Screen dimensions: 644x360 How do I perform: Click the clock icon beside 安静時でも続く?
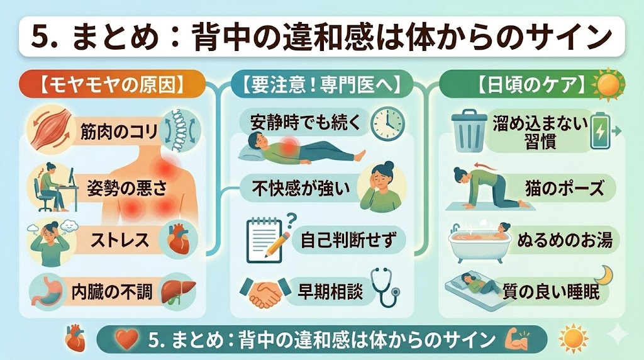pos(387,123)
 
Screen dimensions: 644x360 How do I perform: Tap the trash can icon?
pos(469,131)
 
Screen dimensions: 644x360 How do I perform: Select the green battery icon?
pos(600,131)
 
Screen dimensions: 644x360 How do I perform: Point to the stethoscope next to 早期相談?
pos(386,288)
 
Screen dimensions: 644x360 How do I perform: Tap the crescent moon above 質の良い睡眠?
pos(603,274)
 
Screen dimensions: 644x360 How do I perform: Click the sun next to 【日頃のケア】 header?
pos(608,84)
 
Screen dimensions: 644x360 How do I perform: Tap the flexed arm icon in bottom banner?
pos(518,339)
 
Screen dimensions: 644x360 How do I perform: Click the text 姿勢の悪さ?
pos(128,188)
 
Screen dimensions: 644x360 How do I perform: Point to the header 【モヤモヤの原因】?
pos(112,84)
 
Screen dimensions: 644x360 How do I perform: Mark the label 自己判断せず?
pos(347,240)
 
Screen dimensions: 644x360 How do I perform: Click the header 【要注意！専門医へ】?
pos(321,84)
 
